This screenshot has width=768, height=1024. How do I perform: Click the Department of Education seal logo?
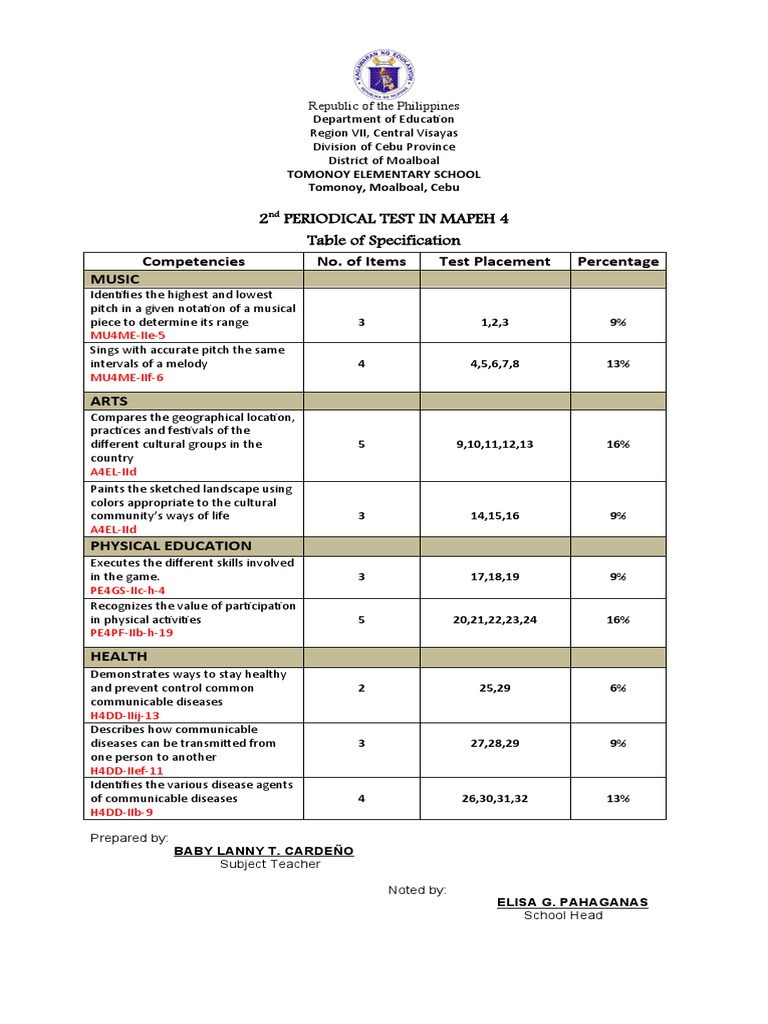point(383,68)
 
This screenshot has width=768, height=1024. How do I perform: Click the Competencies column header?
point(193,261)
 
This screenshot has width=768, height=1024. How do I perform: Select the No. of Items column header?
point(361,261)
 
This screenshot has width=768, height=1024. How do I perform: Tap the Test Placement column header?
point(495,261)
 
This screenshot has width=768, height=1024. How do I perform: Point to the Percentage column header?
point(617,261)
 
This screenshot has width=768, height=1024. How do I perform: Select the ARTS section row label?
point(109,400)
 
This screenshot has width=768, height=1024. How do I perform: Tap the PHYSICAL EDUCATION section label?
point(171,545)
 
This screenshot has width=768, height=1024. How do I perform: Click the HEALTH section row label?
point(119,656)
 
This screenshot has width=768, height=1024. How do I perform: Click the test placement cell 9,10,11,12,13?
point(494,444)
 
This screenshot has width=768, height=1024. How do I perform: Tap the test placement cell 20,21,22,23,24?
point(494,619)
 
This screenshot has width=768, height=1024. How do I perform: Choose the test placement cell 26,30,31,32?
point(494,798)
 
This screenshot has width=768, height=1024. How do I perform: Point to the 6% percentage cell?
point(617,688)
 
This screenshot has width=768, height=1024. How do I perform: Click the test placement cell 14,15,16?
point(494,515)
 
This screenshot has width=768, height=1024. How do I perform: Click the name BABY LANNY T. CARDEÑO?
point(263,851)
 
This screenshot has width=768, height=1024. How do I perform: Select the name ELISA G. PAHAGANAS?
point(572,902)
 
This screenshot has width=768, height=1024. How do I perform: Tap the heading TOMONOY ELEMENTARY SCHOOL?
point(383,174)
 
